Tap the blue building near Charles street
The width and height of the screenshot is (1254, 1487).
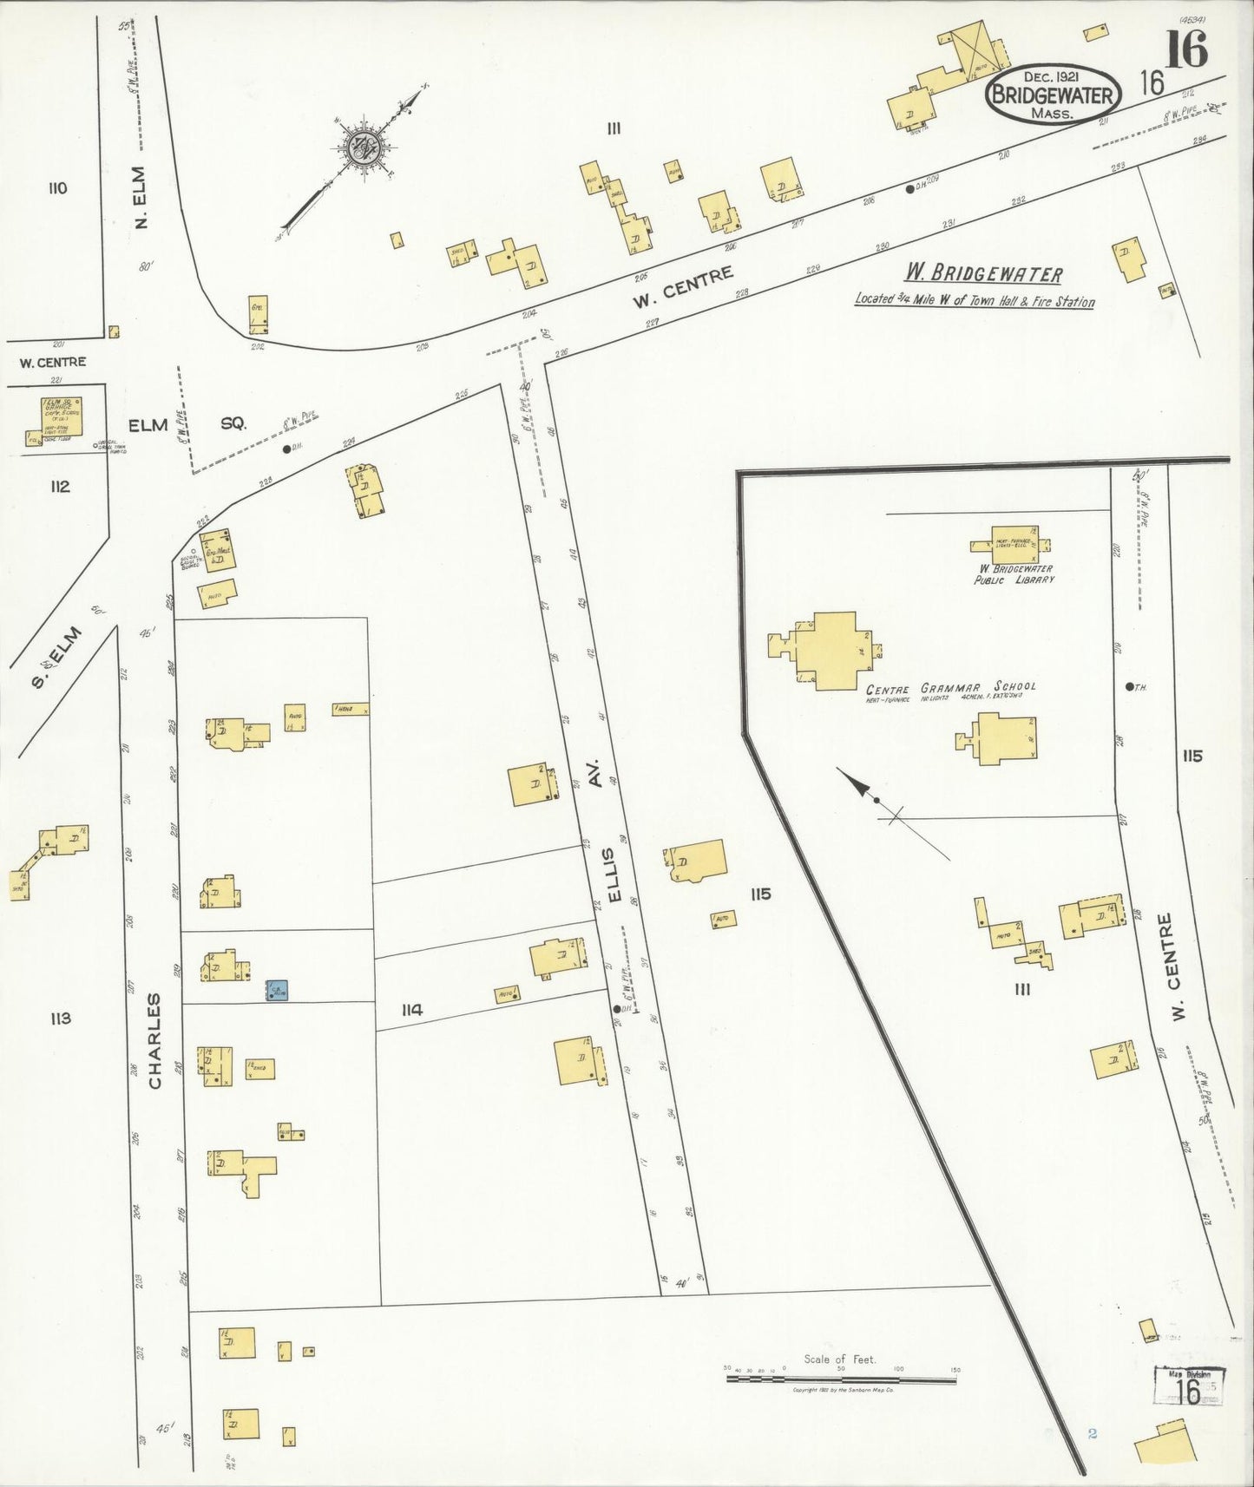pyautogui.click(x=277, y=990)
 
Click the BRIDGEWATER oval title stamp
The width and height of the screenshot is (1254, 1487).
pyautogui.click(x=1052, y=95)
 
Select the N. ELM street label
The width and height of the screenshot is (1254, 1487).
pyautogui.click(x=143, y=198)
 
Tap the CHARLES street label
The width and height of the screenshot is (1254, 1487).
pyautogui.click(x=154, y=1041)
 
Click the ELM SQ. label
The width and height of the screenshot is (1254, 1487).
pyautogui.click(x=187, y=425)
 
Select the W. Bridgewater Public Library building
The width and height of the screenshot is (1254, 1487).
pyautogui.click(x=1009, y=546)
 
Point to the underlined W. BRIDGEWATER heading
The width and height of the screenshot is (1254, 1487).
pyautogui.click(x=983, y=275)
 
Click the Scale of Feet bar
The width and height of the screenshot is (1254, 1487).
pyautogui.click(x=840, y=1376)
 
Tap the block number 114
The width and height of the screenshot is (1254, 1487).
pyautogui.click(x=411, y=1009)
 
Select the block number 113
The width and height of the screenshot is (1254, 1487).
pyautogui.click(x=60, y=1018)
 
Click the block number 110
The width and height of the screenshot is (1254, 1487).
pyautogui.click(x=58, y=188)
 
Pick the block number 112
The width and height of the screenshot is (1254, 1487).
pyautogui.click(x=59, y=486)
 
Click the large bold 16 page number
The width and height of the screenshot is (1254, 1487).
pyautogui.click(x=1185, y=49)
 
